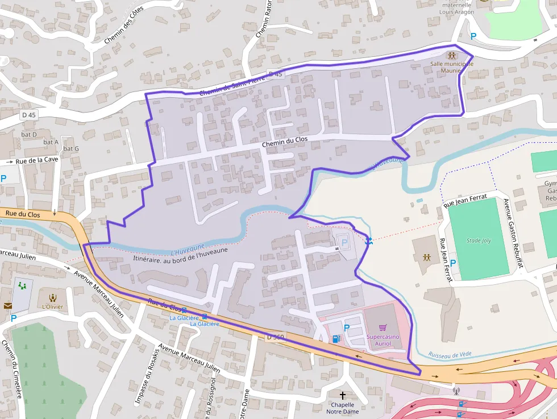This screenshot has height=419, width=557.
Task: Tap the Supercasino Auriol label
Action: click(x=383, y=339)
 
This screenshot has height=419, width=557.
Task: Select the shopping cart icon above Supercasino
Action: click(x=383, y=327)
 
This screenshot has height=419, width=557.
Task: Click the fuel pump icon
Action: click(x=336, y=339)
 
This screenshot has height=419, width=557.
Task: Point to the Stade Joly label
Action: click(x=479, y=240)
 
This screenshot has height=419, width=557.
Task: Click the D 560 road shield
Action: click(x=275, y=337)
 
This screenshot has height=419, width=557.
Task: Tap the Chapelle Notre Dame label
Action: click(x=342, y=408)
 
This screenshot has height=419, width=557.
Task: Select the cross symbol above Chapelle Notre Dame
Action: click(x=342, y=395)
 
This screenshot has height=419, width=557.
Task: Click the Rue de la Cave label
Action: click(x=36, y=160)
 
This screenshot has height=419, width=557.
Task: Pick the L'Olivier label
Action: click(x=52, y=306)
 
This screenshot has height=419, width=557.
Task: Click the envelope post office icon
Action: click(x=8, y=305)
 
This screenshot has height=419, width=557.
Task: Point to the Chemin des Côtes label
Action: click(x=124, y=24)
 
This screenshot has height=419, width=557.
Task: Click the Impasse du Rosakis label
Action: click(x=144, y=375)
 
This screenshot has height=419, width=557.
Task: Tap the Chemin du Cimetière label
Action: click(x=11, y=369)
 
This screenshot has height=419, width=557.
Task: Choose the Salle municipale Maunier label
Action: click(x=451, y=68)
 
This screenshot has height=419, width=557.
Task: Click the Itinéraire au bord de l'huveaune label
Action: click(x=180, y=254)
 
